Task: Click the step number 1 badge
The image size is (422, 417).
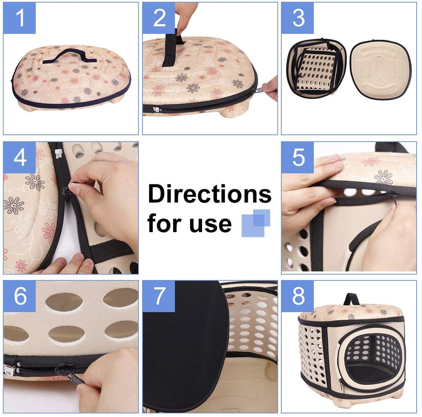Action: [x=19, y=18]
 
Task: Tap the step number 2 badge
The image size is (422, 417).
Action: [x=159, y=18]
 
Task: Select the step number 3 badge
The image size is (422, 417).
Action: [x=298, y=18]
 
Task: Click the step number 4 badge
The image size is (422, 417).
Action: [x=19, y=158]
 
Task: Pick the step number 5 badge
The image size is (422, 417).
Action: [x=298, y=158]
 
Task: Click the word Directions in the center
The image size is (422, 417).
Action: [x=209, y=194]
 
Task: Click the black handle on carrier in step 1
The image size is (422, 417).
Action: [x=69, y=55]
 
